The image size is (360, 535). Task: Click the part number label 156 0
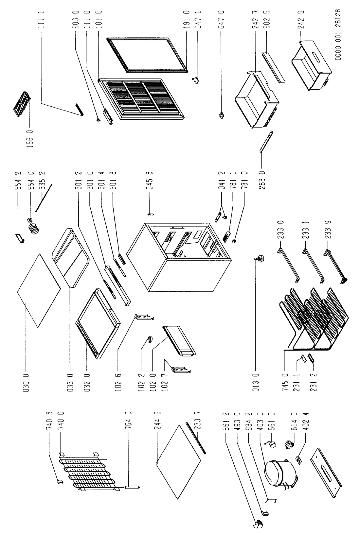(x=30, y=139)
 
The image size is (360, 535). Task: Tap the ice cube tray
(x=23, y=102)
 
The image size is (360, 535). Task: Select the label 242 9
(x=302, y=19)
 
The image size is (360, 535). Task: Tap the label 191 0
(x=187, y=19)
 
